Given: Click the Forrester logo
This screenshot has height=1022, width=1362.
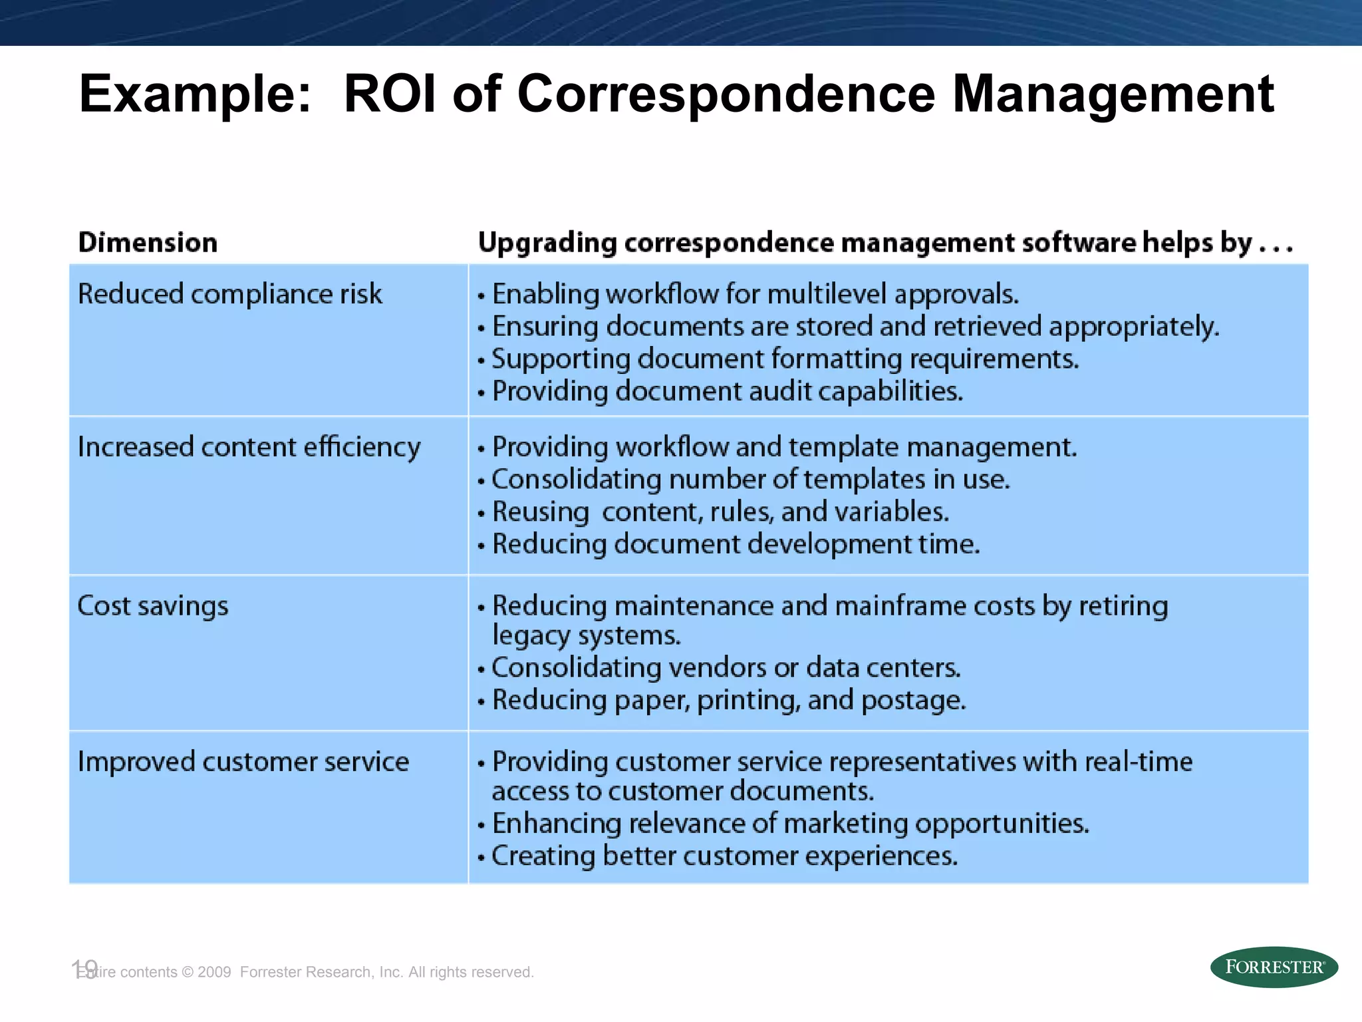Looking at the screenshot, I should point(1274,967).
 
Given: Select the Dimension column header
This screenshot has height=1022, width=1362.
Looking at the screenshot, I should point(148,242).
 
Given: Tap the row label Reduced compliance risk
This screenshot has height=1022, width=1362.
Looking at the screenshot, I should point(229,294).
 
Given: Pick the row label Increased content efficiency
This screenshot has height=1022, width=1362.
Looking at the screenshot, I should point(249,447).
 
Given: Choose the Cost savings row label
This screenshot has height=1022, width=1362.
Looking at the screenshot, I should point(152,606).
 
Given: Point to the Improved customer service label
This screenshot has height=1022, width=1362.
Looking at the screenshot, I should point(243,762).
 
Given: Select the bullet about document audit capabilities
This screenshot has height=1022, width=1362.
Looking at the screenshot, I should point(727,391).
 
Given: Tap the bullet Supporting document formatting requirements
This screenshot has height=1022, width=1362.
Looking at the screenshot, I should point(785,359).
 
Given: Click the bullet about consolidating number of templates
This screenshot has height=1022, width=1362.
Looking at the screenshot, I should point(750,480).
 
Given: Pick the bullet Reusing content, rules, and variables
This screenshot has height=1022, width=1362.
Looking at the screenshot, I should point(720,512).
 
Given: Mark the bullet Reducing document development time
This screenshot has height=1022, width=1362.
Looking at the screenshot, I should point(736,544).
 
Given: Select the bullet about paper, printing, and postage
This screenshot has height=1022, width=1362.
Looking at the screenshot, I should point(729,701).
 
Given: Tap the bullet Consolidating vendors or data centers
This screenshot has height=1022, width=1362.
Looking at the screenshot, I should point(726,668).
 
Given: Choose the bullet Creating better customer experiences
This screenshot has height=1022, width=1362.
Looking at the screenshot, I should point(724,856).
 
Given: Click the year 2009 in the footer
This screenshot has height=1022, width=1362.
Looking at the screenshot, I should point(214,972).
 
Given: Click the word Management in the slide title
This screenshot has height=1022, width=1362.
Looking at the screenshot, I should point(1113,94).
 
